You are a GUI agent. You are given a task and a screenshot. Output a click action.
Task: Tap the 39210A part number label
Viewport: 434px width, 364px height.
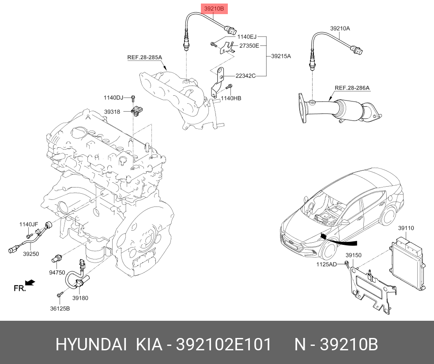(340, 28)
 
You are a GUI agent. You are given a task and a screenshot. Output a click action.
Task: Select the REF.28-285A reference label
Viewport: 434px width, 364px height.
(145, 57)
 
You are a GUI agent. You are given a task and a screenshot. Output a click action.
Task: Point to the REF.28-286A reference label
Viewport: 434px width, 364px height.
(352, 88)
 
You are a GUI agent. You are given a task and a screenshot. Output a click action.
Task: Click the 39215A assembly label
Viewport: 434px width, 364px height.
(281, 56)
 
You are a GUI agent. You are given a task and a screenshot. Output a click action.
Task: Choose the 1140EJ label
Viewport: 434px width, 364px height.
(246, 37)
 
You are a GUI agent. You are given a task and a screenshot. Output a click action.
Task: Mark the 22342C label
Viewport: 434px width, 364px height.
(245, 76)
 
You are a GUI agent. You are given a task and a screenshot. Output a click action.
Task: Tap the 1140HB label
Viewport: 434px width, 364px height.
(231, 98)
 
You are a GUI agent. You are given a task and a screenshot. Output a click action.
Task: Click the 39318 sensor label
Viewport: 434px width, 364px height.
(112, 112)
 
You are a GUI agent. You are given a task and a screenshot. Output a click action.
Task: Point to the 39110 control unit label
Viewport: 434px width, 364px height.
(406, 228)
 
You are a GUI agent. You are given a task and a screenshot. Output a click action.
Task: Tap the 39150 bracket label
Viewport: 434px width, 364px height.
(353, 255)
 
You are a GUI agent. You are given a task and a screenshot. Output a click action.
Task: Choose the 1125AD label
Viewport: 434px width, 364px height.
(326, 264)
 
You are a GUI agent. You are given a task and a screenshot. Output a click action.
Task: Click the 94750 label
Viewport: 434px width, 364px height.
(57, 272)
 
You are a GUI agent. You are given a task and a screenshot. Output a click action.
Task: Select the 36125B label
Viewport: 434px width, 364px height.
(60, 308)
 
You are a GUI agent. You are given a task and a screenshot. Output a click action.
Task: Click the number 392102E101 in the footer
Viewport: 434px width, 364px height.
(224, 345)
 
